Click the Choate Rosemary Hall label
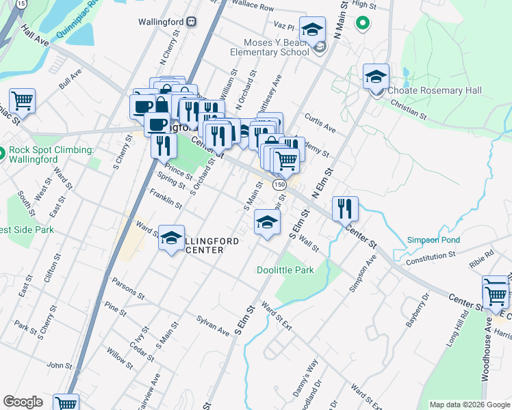pos(434,90)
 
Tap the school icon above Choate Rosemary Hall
pos(376,77)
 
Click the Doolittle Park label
pos(285,270)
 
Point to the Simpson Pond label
pos(433,240)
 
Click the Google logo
pos(23,402)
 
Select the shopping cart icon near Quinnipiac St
pos(22,101)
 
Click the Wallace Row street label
pos(252,8)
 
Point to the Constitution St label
pos(430,256)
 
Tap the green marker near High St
pos(362,25)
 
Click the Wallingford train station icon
pos(193,21)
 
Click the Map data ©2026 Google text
pos(469,405)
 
